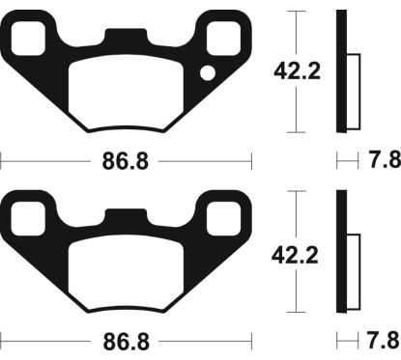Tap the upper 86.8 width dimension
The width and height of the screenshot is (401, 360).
click(128, 160)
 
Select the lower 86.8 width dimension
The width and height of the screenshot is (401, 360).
click(128, 340)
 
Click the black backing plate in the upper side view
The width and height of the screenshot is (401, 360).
click(340, 71)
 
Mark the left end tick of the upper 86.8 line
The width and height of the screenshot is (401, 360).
click(2, 160)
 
